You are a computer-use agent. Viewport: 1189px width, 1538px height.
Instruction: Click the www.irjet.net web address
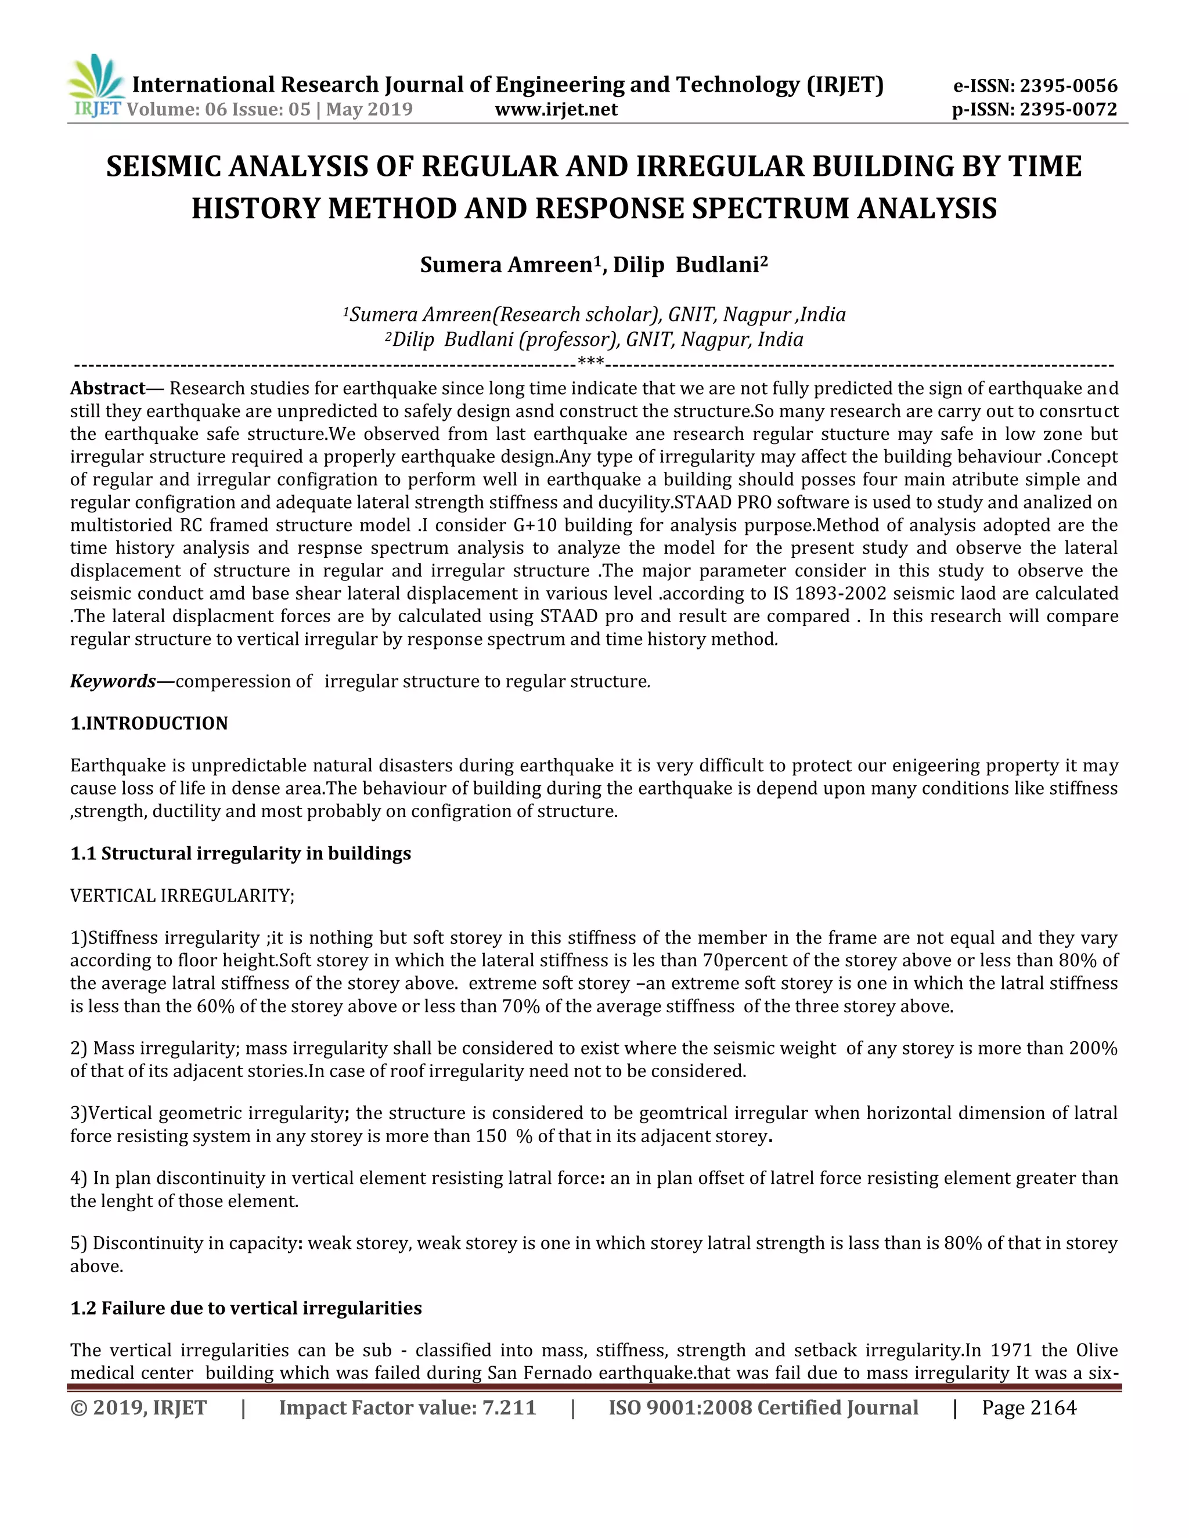(x=556, y=109)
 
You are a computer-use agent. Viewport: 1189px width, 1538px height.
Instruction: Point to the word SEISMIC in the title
(x=164, y=167)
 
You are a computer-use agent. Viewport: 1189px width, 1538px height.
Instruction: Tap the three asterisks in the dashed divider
(x=590, y=363)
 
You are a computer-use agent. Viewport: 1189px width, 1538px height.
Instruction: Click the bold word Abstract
(x=107, y=388)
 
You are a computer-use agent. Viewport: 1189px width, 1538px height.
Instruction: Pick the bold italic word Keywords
(x=113, y=681)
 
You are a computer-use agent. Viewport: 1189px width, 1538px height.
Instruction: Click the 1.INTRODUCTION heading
(x=149, y=723)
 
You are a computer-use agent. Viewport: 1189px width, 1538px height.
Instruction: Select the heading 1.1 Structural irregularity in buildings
(x=240, y=854)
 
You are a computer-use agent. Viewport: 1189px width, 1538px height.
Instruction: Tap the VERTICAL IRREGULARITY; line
(x=182, y=896)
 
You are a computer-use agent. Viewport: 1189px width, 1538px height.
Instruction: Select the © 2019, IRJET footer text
(x=138, y=1408)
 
